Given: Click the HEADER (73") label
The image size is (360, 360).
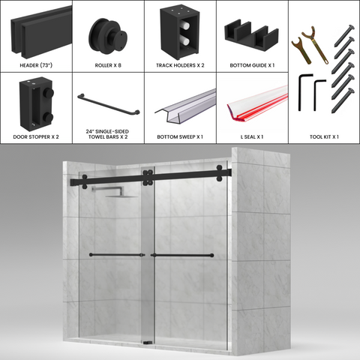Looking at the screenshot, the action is (x=36, y=65).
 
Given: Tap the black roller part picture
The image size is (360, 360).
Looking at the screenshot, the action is (x=108, y=35).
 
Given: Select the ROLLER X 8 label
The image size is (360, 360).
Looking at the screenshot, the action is (x=108, y=65).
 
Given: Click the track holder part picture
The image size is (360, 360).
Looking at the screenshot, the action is (x=180, y=32).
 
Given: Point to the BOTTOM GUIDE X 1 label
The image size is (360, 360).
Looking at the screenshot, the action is (x=252, y=65).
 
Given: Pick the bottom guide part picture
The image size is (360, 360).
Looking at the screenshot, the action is (x=251, y=34).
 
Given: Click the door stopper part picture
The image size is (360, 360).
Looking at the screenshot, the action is (x=36, y=103).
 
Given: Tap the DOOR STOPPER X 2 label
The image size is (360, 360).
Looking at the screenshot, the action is (x=36, y=137).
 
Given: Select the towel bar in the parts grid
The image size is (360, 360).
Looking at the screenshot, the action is (x=109, y=104).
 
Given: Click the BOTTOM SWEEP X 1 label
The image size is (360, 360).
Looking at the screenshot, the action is (x=180, y=137).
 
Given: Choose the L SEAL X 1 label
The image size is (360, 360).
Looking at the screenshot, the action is (x=252, y=137).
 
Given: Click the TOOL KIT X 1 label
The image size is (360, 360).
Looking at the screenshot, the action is (x=324, y=137).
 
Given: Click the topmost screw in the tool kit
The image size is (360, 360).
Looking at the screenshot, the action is (x=344, y=35).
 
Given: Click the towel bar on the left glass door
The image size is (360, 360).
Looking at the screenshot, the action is (x=117, y=255).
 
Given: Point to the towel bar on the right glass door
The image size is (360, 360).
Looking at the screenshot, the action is (x=182, y=255).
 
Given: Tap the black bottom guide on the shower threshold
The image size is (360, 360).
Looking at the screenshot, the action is (x=148, y=343).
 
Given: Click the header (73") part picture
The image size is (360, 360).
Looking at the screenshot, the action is (x=41, y=32).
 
